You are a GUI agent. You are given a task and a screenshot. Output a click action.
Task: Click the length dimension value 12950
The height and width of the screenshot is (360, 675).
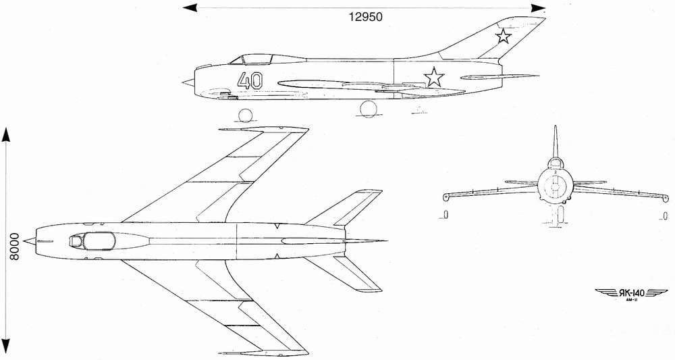(x=365, y=18)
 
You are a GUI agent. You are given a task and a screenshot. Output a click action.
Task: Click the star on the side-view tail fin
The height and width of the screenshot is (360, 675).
(x=503, y=35)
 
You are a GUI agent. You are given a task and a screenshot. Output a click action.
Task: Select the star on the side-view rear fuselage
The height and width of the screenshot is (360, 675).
(x=434, y=77)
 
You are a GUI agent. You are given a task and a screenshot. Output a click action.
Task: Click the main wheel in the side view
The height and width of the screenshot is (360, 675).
(x=369, y=109)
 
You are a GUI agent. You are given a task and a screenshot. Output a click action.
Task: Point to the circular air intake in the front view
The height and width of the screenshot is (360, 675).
(x=555, y=184)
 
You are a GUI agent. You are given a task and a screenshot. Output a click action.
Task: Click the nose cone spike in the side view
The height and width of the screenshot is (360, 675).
(x=186, y=83)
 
